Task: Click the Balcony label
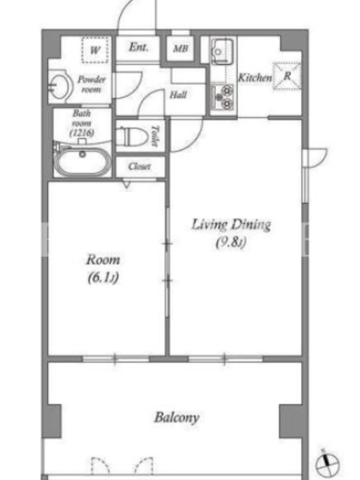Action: point(176,418)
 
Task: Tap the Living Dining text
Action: point(231,224)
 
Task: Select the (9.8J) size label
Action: point(231,242)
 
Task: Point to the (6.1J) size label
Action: point(103,278)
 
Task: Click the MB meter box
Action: point(181,49)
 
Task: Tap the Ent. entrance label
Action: point(139,47)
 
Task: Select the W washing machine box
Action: point(95,50)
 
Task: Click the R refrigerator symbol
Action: point(287,76)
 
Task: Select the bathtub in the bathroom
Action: point(83,162)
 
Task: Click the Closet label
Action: point(139,167)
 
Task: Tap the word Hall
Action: point(178,95)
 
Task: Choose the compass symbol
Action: point(328,464)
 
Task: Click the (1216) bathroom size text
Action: point(82,133)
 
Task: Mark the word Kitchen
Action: point(255,77)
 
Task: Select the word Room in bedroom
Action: point(103,260)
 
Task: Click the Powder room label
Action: point(91,84)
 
